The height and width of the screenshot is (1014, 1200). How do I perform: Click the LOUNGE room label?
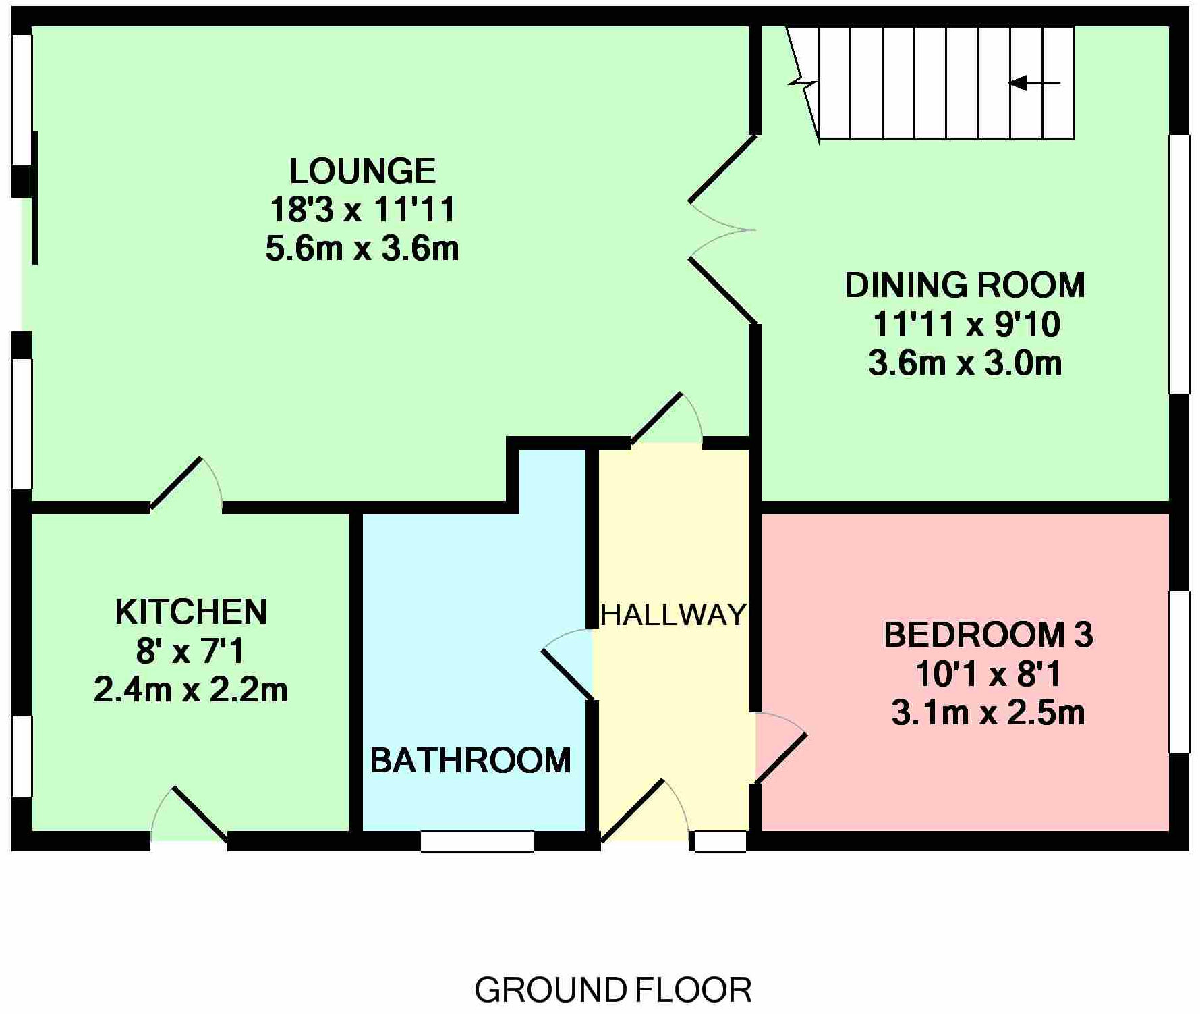click(x=362, y=171)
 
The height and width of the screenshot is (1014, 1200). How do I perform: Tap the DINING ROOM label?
click(x=965, y=285)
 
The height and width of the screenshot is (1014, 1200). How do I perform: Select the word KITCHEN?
click(x=191, y=612)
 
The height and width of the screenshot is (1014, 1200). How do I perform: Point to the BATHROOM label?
click(x=471, y=760)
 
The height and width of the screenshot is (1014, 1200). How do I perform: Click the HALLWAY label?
click(x=673, y=614)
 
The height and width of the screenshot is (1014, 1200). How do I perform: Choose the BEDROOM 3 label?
click(x=988, y=635)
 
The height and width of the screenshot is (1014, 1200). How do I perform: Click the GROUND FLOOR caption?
click(x=613, y=990)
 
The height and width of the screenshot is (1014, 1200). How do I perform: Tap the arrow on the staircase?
click(x=1034, y=83)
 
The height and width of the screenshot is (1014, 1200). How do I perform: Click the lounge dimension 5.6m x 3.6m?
click(x=362, y=248)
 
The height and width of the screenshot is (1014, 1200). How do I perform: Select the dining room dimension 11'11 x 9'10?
click(x=966, y=324)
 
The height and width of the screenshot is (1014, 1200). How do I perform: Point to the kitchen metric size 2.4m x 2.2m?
click(x=191, y=690)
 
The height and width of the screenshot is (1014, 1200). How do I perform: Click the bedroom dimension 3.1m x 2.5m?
click(x=988, y=713)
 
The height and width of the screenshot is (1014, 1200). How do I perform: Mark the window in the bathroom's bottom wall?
click(x=478, y=841)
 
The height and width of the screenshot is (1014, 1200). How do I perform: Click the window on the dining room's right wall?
click(x=1179, y=264)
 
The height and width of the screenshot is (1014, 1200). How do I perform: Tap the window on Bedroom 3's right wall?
click(x=1179, y=672)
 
